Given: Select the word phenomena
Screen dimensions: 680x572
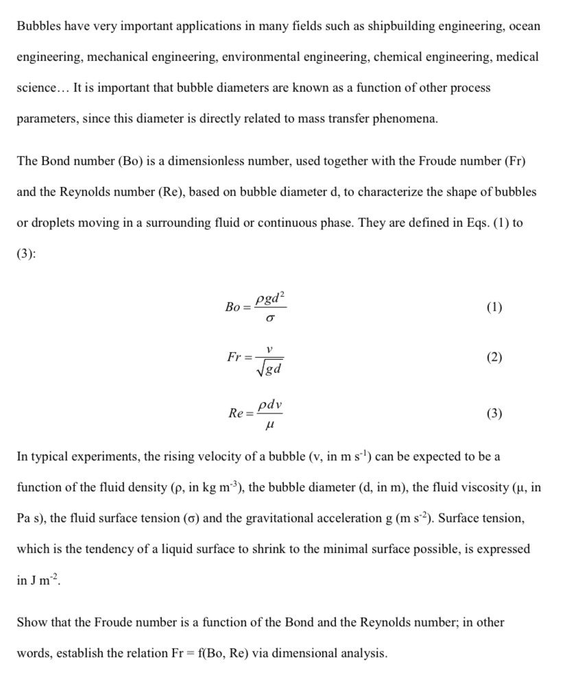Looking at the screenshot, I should pyautogui.click(x=403, y=118).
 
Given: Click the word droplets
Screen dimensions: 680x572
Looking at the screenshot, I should pyautogui.click(x=53, y=222).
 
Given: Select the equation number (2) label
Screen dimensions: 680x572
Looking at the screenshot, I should pyautogui.click(x=493, y=358).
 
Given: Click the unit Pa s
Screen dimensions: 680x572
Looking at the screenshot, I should pyautogui.click(x=31, y=518).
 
